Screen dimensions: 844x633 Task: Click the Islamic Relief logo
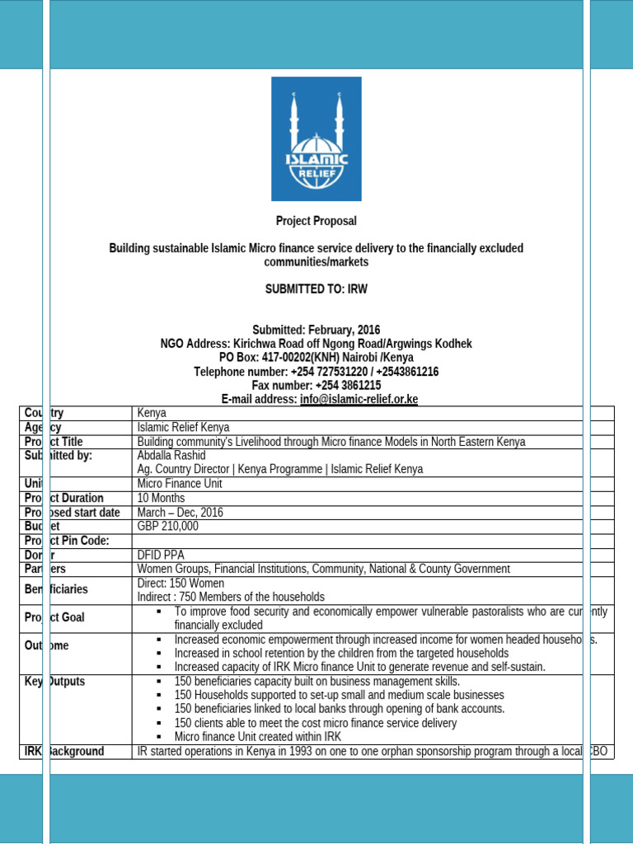pos(316,138)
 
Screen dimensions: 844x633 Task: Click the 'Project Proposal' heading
pos(316,221)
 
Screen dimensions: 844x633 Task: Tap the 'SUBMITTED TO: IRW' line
pos(316,289)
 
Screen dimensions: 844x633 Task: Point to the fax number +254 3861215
pos(348,385)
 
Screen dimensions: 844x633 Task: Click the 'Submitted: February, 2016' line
pos(316,330)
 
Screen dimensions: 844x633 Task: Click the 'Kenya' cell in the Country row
pos(152,412)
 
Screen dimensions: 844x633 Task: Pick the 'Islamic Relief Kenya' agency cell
pos(183,427)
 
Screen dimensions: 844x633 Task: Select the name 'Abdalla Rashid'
pos(171,455)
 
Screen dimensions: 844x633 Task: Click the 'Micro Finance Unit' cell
pos(179,484)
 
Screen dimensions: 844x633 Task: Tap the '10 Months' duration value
pos(161,498)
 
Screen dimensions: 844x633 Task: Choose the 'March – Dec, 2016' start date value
pos(181,512)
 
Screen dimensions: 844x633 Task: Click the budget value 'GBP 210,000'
pos(167,526)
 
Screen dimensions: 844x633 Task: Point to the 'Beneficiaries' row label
pos(56,589)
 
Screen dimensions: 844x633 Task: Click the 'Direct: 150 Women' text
pos(181,583)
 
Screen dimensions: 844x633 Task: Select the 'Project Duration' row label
pos(64,498)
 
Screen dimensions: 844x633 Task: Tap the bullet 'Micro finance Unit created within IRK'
pos(257,736)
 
